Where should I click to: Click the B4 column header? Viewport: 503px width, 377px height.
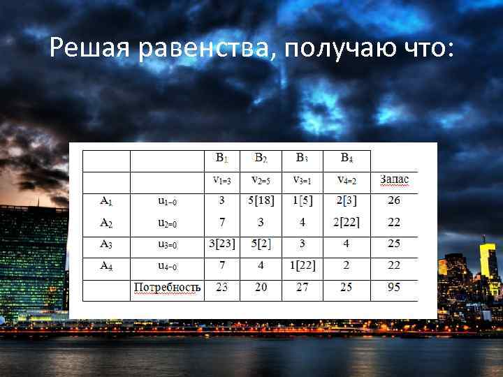[x=346, y=158]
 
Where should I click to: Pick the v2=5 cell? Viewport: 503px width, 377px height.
[x=261, y=180]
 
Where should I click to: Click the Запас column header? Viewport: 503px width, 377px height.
[x=394, y=180]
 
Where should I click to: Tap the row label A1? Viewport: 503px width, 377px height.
[x=106, y=201]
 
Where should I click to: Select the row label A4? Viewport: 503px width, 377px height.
[x=106, y=265]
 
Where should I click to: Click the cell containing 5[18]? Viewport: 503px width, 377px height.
[x=261, y=201]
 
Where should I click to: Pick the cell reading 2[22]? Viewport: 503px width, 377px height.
[x=346, y=223]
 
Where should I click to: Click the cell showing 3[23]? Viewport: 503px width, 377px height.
[x=221, y=244]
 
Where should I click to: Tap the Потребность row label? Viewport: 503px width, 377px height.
[x=167, y=287]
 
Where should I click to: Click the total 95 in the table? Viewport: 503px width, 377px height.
[x=394, y=287]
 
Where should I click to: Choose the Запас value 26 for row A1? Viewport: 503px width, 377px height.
[x=394, y=201]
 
